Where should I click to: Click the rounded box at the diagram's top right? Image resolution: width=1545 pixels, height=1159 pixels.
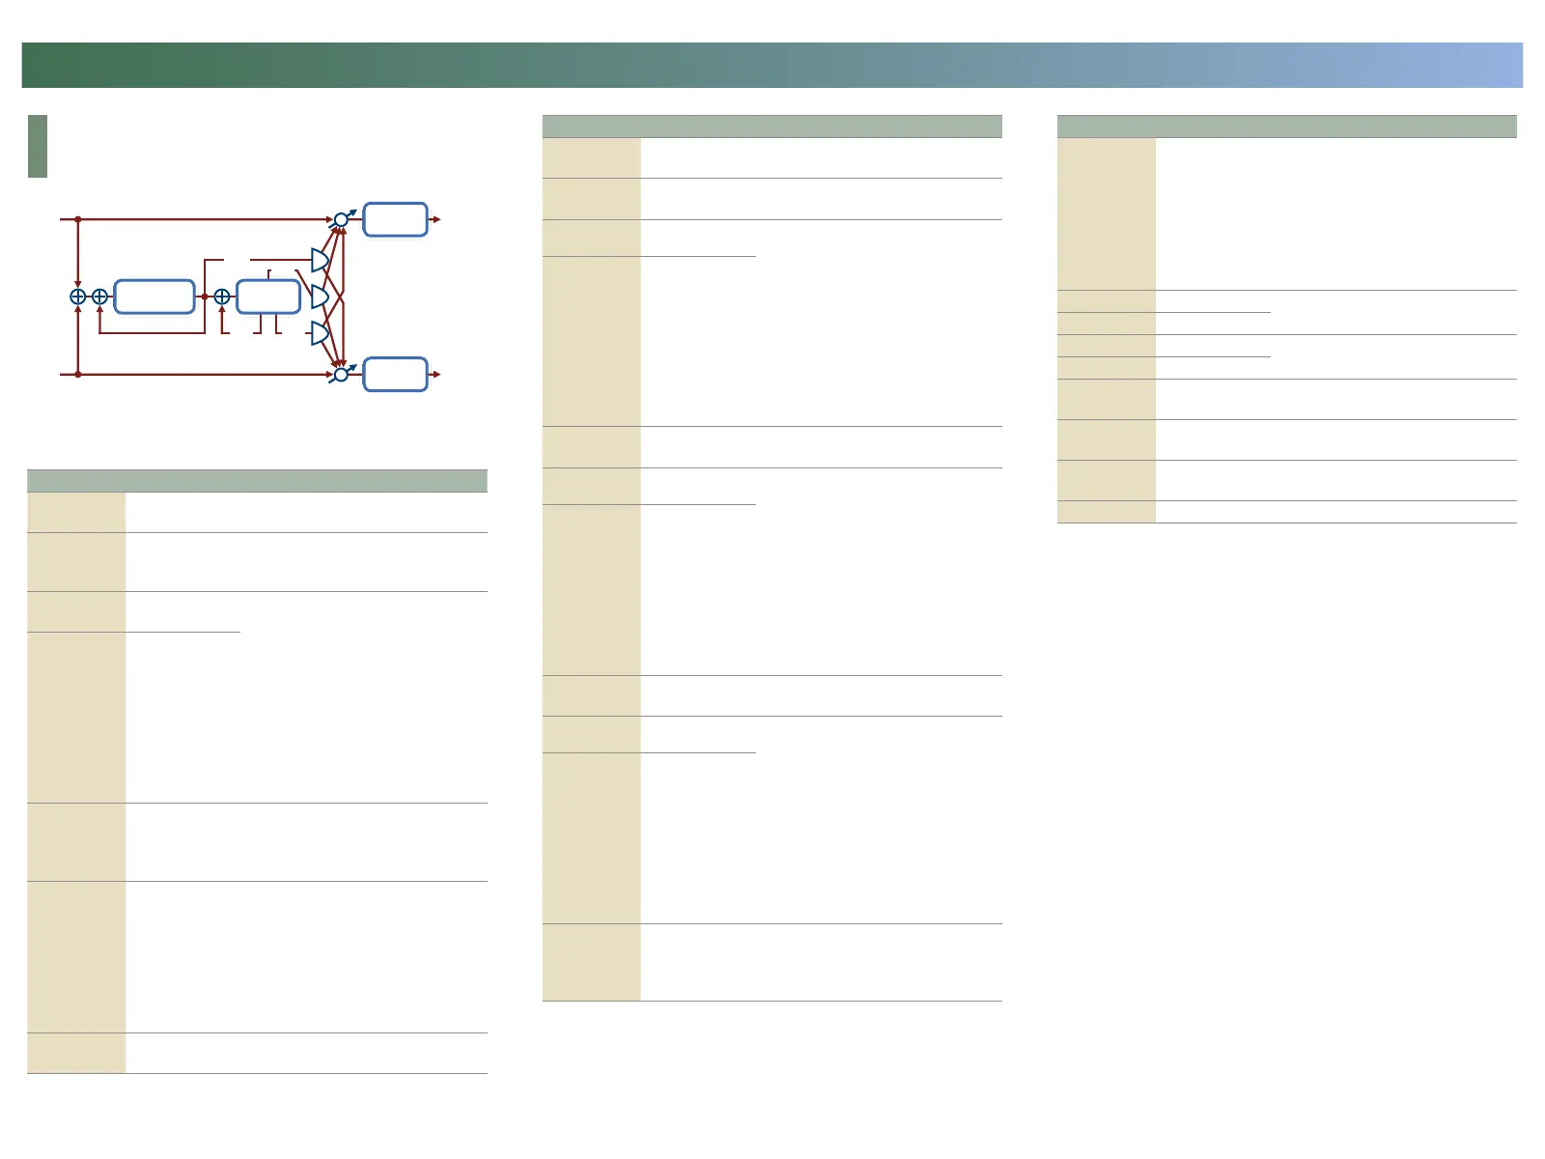coord(395,219)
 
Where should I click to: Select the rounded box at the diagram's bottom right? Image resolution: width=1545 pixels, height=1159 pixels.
coord(395,374)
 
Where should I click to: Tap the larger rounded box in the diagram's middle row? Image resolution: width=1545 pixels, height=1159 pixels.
coord(154,297)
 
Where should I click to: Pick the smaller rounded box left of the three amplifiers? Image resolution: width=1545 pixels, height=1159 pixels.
coord(268,297)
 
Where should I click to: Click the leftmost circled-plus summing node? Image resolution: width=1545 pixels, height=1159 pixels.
coord(78,297)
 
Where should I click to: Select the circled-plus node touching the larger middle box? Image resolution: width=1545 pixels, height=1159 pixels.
coord(99,297)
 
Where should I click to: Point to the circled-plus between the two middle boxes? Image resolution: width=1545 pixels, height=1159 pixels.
coord(222,297)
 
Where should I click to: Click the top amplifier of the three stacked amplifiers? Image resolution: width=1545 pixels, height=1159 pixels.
coord(320,260)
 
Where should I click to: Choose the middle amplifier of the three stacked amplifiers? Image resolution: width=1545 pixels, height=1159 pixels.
coord(320,297)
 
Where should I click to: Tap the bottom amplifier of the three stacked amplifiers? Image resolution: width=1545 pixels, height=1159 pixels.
coord(320,334)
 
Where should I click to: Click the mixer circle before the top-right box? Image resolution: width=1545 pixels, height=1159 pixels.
coord(341,220)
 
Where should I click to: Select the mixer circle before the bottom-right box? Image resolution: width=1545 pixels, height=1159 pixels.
coord(341,374)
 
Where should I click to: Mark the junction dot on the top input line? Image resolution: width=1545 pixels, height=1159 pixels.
coord(78,219)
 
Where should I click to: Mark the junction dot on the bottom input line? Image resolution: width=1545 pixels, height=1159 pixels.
coord(78,374)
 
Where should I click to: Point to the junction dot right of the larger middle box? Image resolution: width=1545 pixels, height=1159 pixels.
coord(205,297)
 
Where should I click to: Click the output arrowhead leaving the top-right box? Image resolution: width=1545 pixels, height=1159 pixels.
coord(437,219)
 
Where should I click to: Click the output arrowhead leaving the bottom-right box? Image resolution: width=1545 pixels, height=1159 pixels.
coord(437,374)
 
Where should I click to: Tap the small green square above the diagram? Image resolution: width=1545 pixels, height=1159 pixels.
coord(38,146)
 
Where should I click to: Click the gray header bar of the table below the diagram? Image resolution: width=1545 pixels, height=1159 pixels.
coord(257,481)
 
